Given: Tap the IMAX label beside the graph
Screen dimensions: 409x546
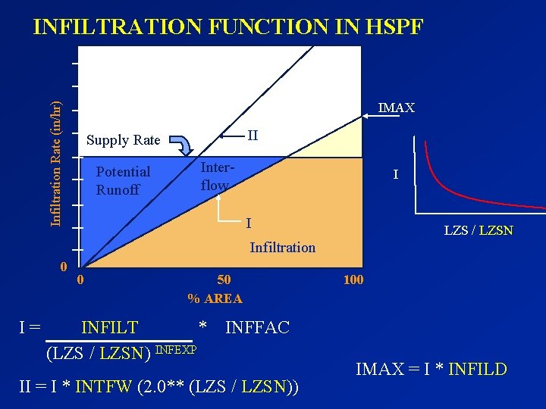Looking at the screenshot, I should point(396,108).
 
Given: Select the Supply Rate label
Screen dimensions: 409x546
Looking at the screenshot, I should point(123,140).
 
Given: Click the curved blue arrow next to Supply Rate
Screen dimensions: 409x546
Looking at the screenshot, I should point(180,144).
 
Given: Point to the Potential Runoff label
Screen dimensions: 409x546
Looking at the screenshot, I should point(123,181).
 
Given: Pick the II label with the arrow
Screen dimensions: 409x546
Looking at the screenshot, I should point(253,136).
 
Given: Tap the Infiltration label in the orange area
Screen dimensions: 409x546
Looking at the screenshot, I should point(282,247).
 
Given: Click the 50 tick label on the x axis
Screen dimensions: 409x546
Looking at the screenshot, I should point(224,279).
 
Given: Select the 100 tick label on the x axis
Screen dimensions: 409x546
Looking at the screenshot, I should point(353,279).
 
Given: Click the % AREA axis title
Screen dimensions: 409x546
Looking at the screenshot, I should point(215,298).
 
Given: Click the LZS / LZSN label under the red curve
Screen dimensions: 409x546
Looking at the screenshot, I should point(478,230).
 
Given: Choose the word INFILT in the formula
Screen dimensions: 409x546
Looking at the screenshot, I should point(110,327).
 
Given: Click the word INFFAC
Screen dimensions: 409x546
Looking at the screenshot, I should point(257,327).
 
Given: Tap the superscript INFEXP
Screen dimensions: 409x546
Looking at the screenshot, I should point(176,349).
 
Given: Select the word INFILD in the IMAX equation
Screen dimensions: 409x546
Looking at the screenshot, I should point(477,370).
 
